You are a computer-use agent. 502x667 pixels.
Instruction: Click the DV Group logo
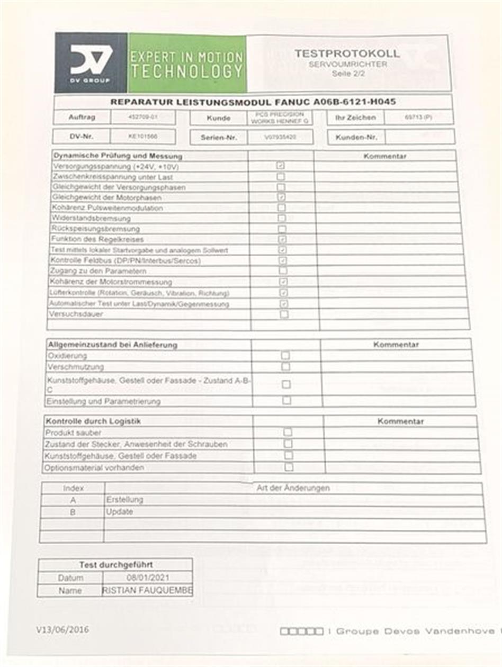pyautogui.click(x=91, y=62)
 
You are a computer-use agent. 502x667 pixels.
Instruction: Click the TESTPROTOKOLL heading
pyautogui.click(x=347, y=53)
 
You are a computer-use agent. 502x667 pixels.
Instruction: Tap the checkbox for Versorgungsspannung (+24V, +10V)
pyautogui.click(x=281, y=166)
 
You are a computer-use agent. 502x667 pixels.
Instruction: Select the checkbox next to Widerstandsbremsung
pyautogui.click(x=282, y=218)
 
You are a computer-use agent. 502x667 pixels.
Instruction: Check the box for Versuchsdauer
pyautogui.click(x=284, y=314)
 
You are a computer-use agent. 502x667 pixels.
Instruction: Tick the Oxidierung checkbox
pyautogui.click(x=285, y=355)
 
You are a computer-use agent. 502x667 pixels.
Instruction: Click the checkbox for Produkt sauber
pyautogui.click(x=288, y=432)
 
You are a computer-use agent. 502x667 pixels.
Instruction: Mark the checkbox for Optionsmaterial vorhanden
pyautogui.click(x=289, y=467)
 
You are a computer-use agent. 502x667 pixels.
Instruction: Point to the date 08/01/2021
pyautogui.click(x=148, y=578)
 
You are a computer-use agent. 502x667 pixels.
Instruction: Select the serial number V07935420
pyautogui.click(x=280, y=137)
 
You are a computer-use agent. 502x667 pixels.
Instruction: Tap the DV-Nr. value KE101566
pyautogui.click(x=142, y=137)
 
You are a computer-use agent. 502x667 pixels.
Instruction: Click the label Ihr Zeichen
pyautogui.click(x=355, y=118)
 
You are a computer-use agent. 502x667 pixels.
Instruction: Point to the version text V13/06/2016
pyautogui.click(x=62, y=629)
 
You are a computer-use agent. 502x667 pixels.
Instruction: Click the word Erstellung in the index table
pyautogui.click(x=124, y=499)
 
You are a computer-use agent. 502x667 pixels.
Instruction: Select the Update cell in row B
pyautogui.click(x=120, y=512)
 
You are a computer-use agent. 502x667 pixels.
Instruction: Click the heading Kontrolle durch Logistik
pyautogui.click(x=86, y=421)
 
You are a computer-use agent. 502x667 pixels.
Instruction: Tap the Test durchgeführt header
pyautogui.click(x=116, y=565)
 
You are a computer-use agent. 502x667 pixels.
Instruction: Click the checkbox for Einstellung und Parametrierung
pyautogui.click(x=286, y=400)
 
